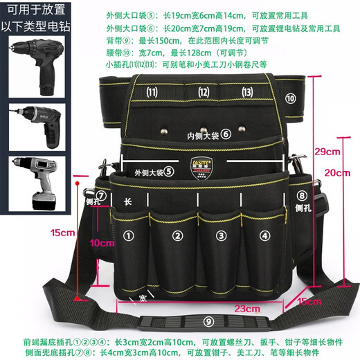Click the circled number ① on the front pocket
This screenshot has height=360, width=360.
pyautogui.click(x=127, y=236)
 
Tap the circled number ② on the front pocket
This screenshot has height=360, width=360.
pyautogui.click(x=178, y=236)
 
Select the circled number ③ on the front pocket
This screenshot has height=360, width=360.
pyautogui.click(x=221, y=236)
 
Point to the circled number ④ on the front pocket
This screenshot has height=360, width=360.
pyautogui.click(x=265, y=236)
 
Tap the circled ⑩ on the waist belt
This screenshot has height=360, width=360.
pyautogui.click(x=290, y=99)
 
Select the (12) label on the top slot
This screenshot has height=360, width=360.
pyautogui.click(x=204, y=92)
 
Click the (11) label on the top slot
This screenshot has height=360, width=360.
pyautogui.click(x=152, y=92)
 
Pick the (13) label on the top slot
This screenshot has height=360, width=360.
pyautogui.click(x=247, y=92)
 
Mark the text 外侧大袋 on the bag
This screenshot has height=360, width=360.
pyautogui.click(x=150, y=171)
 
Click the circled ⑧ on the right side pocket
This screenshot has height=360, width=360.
pyautogui.click(x=301, y=196)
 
